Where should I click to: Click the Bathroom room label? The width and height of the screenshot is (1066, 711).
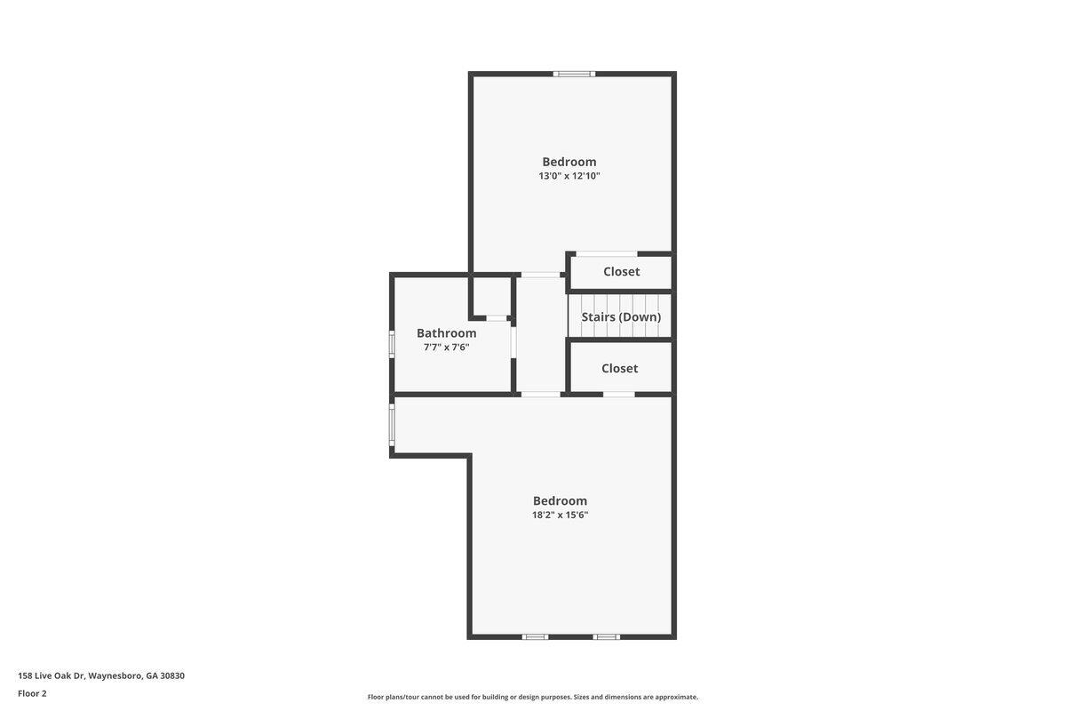[x=446, y=333]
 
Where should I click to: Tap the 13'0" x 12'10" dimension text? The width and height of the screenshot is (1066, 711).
[x=569, y=176]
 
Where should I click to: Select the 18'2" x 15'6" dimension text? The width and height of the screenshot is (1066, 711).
[x=560, y=515]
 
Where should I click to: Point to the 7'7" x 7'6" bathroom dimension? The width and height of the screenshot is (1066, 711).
[x=446, y=348]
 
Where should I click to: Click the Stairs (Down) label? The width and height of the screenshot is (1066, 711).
[x=621, y=316]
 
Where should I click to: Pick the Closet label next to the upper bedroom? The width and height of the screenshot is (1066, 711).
[x=621, y=271]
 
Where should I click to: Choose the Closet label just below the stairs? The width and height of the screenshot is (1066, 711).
[x=619, y=368]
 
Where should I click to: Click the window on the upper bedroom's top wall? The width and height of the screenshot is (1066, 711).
[x=574, y=74]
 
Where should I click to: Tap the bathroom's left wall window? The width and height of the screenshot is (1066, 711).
[x=392, y=343]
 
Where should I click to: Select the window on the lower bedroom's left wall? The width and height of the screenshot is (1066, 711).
[x=392, y=425]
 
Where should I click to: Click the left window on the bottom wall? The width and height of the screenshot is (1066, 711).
[x=535, y=636]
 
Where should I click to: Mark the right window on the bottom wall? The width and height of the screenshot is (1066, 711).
[x=606, y=636]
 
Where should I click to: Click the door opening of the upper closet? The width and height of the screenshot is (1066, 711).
[x=607, y=254]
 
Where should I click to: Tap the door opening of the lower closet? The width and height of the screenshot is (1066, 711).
[x=618, y=395]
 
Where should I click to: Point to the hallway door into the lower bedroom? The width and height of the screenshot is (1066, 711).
[x=541, y=395]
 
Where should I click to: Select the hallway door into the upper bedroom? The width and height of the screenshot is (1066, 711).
[x=540, y=275]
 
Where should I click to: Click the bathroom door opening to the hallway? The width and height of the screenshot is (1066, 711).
[x=513, y=342]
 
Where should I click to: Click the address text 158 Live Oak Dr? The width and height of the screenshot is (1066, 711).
[x=51, y=675]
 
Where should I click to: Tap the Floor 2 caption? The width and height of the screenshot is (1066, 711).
[x=32, y=693]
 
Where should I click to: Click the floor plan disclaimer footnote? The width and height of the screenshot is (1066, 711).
[x=532, y=697]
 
